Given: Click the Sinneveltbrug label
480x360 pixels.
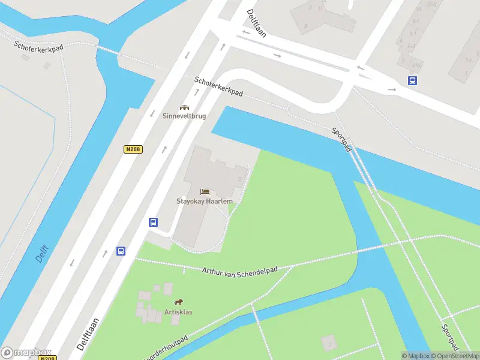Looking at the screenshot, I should [x=184, y=116].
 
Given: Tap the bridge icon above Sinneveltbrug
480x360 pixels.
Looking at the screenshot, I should [x=184, y=106].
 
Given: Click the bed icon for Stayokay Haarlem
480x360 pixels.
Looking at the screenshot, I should [x=205, y=191].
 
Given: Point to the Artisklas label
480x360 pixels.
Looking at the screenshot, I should [x=178, y=312].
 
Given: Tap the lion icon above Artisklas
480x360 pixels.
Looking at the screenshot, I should [x=178, y=302].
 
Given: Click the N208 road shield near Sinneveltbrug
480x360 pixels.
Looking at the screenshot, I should [x=133, y=149].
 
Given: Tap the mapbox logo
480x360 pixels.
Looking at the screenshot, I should [x=26, y=353].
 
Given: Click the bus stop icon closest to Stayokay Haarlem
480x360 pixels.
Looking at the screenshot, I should [x=153, y=222].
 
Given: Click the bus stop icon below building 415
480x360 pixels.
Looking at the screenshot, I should [x=413, y=80].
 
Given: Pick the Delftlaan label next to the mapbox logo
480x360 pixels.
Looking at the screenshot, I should [x=89, y=333].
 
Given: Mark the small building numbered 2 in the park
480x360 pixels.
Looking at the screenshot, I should [x=328, y=344].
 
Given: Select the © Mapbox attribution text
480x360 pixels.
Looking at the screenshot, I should [x=416, y=356].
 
